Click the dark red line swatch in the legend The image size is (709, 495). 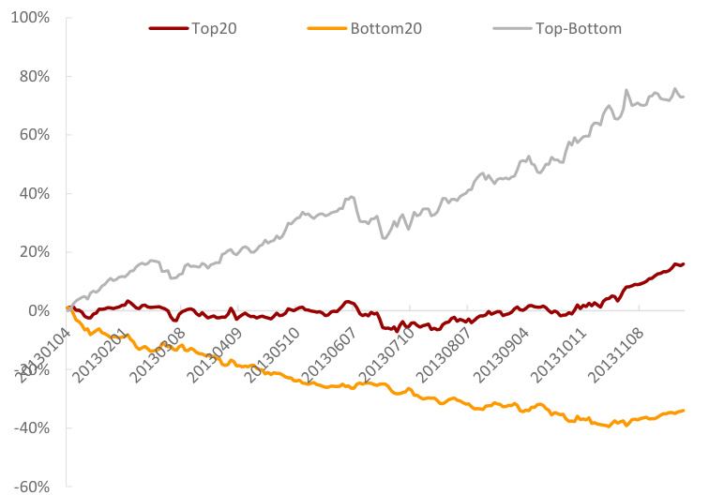click(169, 29)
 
